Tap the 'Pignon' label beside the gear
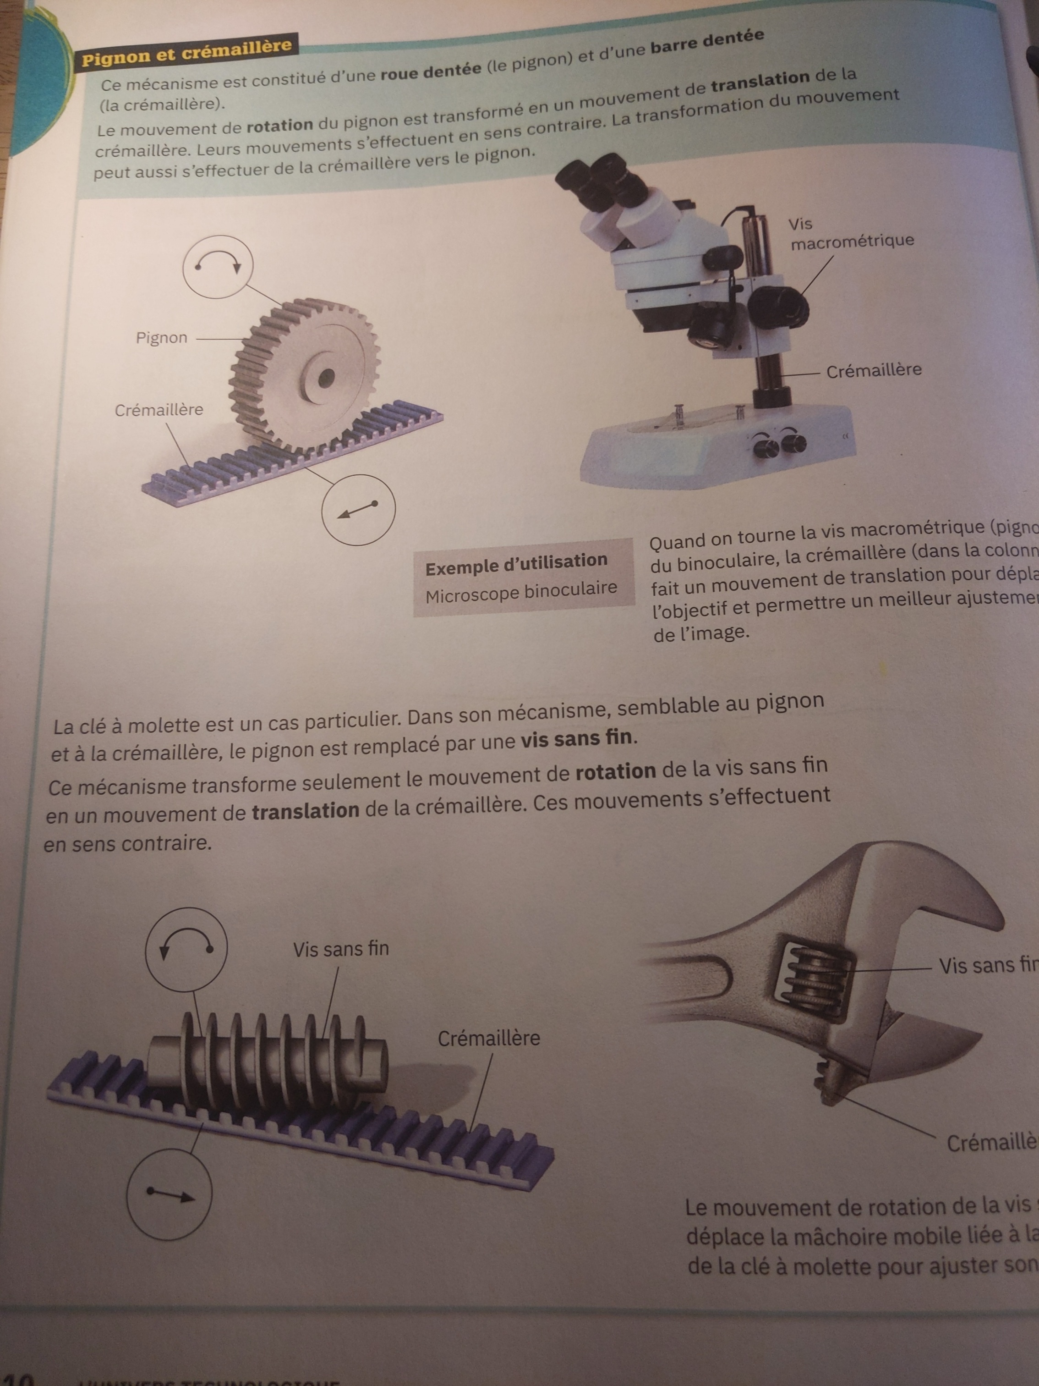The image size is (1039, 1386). point(162,338)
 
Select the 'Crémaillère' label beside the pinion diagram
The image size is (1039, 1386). point(159,410)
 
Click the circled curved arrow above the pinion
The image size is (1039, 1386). point(217,266)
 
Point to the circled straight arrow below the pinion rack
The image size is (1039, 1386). point(358,509)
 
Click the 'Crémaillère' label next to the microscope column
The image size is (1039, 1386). point(874,370)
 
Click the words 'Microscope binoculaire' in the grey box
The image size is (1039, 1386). point(521,591)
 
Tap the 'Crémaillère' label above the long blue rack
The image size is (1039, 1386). point(488,1038)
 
